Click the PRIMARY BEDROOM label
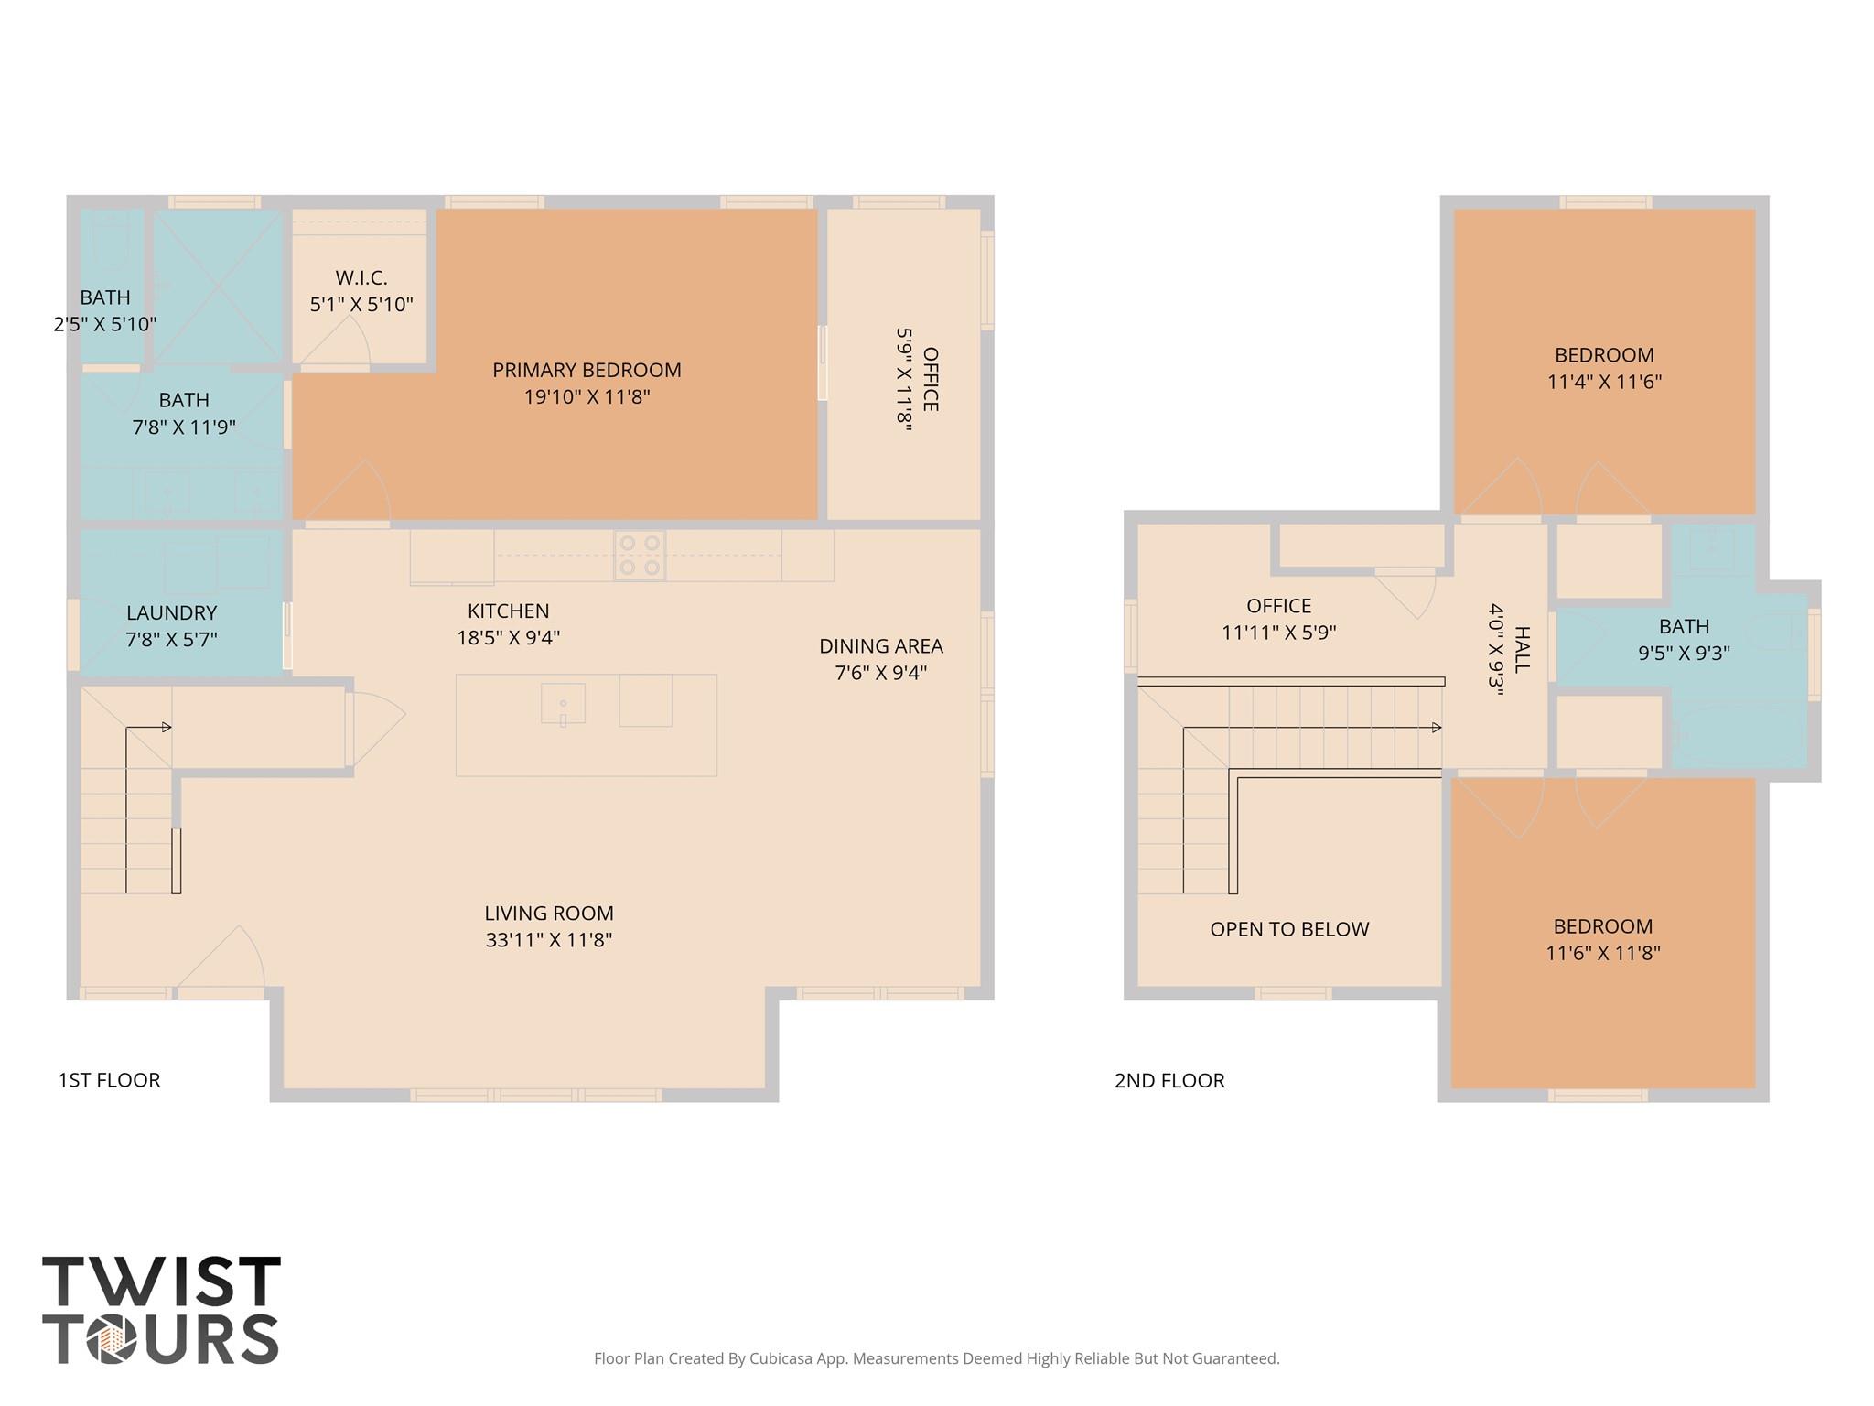click(587, 371)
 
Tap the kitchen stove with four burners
click(639, 556)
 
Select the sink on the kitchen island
click(563, 704)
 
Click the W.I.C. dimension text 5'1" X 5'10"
click(361, 305)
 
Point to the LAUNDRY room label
click(171, 613)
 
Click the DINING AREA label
click(880, 646)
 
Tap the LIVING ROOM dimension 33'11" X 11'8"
click(548, 940)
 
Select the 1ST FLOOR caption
click(109, 1080)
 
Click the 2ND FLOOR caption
click(1169, 1080)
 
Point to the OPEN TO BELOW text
click(1288, 929)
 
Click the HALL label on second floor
click(1522, 650)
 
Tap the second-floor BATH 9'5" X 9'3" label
click(1684, 627)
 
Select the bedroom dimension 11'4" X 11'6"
click(1604, 382)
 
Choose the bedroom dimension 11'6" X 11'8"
click(1602, 953)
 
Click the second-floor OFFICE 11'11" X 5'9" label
click(1278, 606)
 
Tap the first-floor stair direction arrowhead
click(167, 728)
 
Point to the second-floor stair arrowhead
click(1437, 728)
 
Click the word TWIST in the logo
click(161, 1282)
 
